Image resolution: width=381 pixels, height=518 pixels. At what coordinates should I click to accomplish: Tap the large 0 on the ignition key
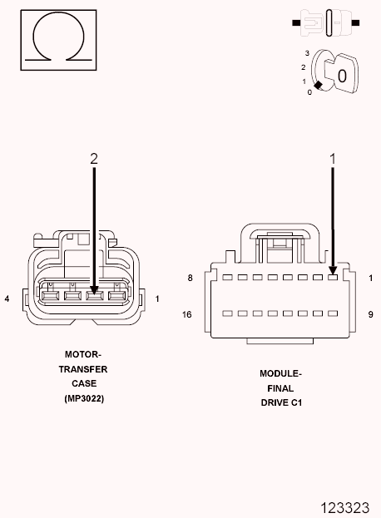pos(341,75)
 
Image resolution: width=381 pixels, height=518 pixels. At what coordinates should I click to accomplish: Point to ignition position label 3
pos(308,52)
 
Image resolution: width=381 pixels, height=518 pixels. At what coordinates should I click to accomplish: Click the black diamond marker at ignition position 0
pos(318,86)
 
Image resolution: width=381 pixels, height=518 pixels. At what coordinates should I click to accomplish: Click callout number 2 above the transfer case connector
pos(94,157)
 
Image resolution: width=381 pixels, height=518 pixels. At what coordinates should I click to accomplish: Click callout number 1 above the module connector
pos(333,157)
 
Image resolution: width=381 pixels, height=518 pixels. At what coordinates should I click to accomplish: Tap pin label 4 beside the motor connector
pos(7,298)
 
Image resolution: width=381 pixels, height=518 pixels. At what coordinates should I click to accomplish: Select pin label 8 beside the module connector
pos(190,278)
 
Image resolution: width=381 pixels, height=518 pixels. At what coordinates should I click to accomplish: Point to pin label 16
pos(188,315)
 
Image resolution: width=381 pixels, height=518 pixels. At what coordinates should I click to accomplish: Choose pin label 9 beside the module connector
pos(370,315)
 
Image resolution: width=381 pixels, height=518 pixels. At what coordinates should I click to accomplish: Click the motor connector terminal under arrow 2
pos(94,295)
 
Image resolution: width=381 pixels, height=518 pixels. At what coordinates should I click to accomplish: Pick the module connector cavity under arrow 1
pos(333,278)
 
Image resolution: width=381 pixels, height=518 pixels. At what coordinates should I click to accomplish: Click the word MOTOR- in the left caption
pos(83,353)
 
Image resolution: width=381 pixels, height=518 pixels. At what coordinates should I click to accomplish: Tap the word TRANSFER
pos(83,368)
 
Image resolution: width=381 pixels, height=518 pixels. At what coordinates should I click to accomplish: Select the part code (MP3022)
pos(83,398)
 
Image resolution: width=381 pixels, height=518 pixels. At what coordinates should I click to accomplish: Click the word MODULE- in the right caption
pos(280,373)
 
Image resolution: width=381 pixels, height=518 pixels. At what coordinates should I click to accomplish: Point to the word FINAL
pos(280,388)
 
